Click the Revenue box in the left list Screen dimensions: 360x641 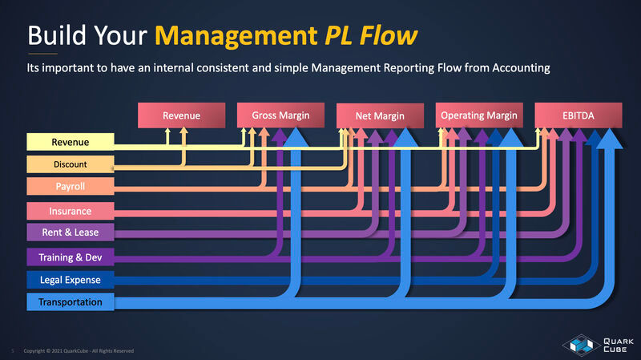71,143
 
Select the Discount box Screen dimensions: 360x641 70,164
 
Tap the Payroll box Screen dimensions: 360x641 71,187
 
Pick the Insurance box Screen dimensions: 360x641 71,211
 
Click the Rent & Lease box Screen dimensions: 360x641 71,233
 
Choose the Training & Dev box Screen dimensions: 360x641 71,257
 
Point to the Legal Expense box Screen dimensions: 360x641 71,280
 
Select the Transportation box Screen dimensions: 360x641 71,302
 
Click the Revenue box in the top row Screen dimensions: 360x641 181,115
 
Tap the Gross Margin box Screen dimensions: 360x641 280,115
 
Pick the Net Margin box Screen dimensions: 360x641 380,117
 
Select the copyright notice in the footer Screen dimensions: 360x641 79,351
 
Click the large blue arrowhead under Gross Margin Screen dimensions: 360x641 298,140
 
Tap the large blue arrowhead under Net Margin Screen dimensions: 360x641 405,140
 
